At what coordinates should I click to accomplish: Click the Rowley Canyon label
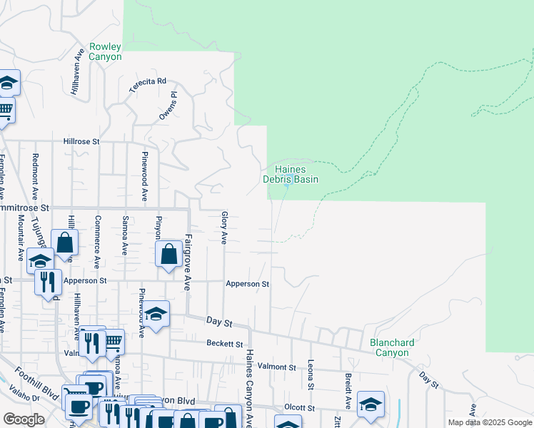[x=105, y=51]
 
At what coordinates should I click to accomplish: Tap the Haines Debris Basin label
[x=291, y=174]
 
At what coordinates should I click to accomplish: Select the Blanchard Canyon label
[x=392, y=347]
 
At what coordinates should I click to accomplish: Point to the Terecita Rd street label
[x=147, y=86]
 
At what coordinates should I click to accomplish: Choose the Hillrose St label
[x=81, y=142]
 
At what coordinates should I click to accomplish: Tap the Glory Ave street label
[x=224, y=228]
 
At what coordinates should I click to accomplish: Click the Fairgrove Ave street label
[x=188, y=263]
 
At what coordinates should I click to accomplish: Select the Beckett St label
[x=225, y=344]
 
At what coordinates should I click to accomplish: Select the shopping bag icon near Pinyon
[x=168, y=255]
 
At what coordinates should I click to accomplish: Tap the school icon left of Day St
[x=156, y=313]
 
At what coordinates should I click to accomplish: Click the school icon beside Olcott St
[x=371, y=404]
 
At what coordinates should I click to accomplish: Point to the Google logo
[x=24, y=419]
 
